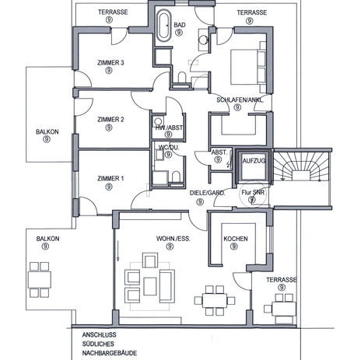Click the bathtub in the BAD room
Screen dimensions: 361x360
(164, 26)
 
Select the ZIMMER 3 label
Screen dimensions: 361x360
(110, 63)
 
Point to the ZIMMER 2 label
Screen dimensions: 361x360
(110, 120)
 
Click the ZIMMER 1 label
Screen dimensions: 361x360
(110, 179)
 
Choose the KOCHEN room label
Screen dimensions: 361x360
(236, 239)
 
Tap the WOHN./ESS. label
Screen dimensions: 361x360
(173, 239)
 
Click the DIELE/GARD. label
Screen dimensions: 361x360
(208, 193)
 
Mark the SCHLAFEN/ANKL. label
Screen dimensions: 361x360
(240, 100)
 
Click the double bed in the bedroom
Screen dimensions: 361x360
(248, 67)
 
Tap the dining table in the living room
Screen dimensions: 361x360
(215, 301)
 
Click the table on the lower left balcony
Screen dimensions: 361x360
(40, 280)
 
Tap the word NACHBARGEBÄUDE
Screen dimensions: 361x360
(110, 353)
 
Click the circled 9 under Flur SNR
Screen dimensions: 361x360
(251, 200)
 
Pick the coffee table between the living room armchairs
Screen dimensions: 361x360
(150, 286)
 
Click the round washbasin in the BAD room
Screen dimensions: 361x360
(202, 40)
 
